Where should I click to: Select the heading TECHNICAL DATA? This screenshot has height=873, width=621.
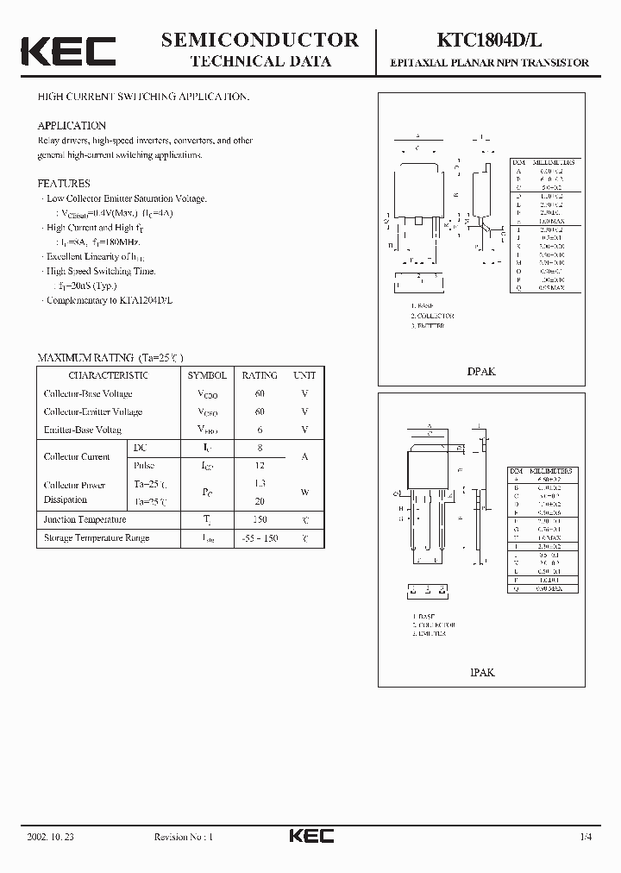click(260, 61)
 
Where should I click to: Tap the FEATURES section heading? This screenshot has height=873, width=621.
click(64, 184)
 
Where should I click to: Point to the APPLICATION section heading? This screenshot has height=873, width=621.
click(72, 126)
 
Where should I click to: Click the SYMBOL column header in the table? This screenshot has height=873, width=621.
click(207, 375)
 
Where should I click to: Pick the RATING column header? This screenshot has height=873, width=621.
click(260, 375)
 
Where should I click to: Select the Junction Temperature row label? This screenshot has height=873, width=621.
click(85, 519)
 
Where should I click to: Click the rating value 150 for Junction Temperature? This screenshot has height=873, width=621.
click(260, 519)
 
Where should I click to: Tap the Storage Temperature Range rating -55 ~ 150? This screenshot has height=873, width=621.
click(260, 537)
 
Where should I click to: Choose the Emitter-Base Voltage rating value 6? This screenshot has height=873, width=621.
click(260, 430)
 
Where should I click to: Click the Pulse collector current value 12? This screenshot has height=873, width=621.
click(260, 465)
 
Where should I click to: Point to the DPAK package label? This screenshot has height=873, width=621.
click(481, 371)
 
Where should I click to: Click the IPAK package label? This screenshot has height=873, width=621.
click(482, 671)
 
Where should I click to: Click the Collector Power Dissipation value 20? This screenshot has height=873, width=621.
click(260, 500)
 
